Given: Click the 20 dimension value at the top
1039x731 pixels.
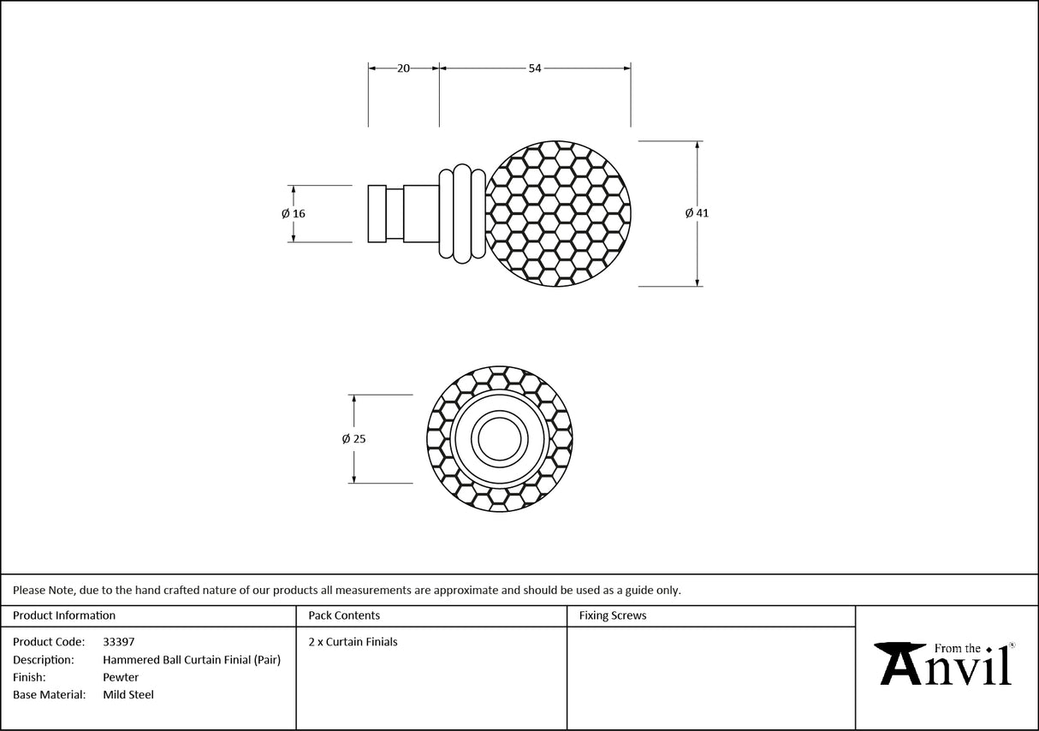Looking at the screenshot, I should pos(403,68).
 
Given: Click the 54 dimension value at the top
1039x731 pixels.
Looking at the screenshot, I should pos(535,68).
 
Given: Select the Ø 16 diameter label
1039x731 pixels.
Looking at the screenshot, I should pos(294,213).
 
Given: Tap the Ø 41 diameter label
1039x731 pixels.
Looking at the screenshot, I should pos(697,213).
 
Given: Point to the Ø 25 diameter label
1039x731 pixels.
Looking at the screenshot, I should pos(353,438).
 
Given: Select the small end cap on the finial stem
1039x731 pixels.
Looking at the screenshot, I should pos(377,213).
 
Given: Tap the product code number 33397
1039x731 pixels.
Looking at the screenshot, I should pos(118,641).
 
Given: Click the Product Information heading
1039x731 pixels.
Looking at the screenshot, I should pos(64,615).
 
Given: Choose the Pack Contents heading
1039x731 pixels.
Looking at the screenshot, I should pos(344,615).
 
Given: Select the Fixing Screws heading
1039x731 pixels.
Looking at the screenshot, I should pos(613,615).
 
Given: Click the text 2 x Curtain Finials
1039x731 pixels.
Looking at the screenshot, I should pos(353,641).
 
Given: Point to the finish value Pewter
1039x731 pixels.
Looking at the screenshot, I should pos(120,677).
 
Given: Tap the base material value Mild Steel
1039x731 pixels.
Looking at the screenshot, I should pos(128,695).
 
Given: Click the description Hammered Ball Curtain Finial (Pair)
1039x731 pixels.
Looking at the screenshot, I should pos(192,659).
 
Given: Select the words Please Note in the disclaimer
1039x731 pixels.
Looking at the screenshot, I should pos(44,590).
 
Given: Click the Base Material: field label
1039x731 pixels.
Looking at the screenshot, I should pos(49,695).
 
